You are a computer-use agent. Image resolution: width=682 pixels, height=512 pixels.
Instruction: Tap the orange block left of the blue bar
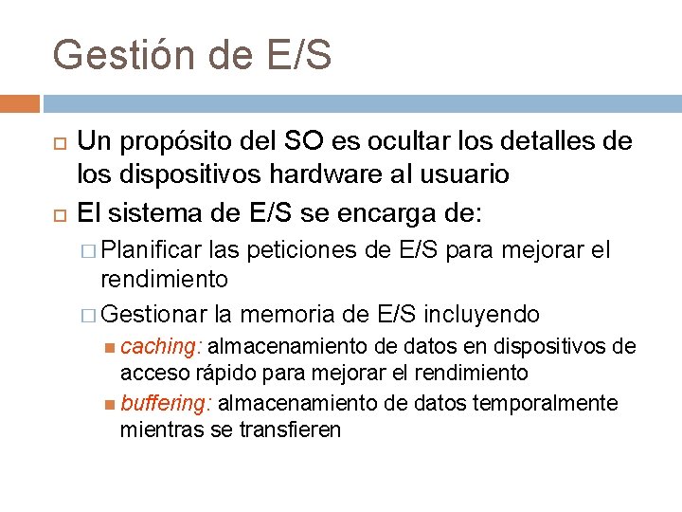click(20, 103)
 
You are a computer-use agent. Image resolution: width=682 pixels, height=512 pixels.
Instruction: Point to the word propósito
click(180, 142)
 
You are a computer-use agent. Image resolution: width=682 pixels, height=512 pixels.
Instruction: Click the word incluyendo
click(482, 313)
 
